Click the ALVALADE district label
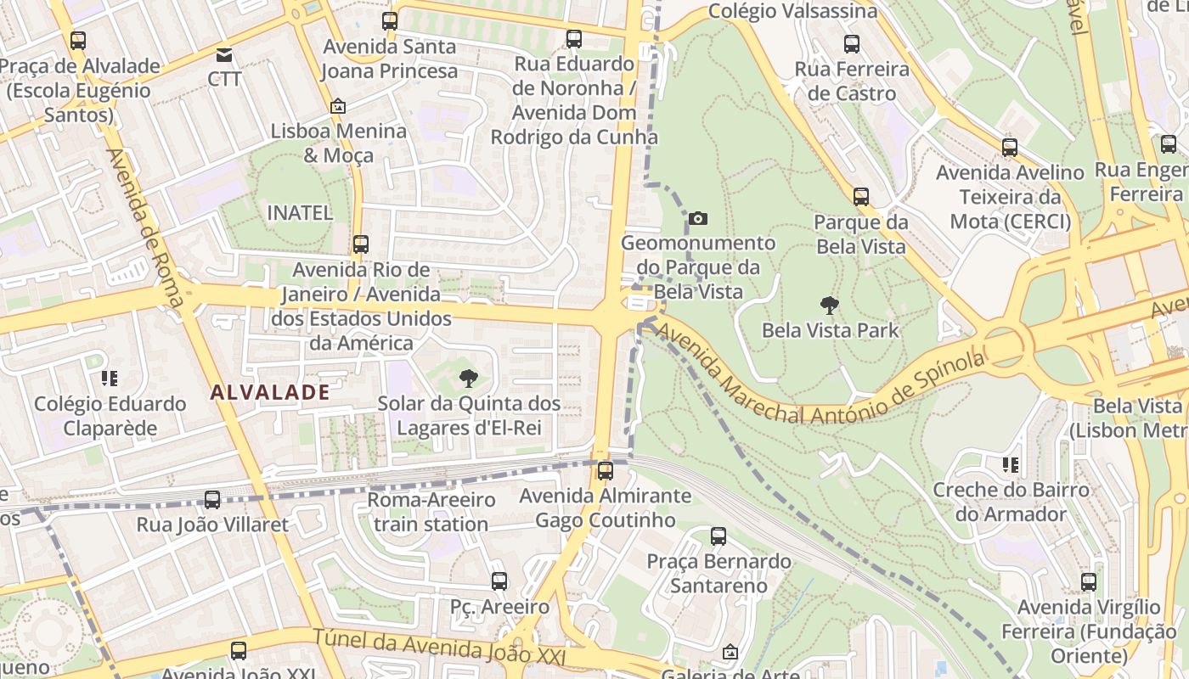click(269, 392)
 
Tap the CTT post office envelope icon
click(224, 56)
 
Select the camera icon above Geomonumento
click(697, 219)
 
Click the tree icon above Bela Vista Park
click(829, 306)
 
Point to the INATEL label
click(300, 212)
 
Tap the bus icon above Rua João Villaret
click(212, 500)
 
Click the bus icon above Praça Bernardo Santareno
click(718, 536)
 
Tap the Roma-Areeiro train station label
click(431, 512)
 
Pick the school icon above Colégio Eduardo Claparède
click(109, 378)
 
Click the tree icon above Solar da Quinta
click(468, 379)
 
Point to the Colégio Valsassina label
click(792, 11)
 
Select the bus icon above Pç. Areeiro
click(499, 581)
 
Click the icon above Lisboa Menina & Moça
click(337, 106)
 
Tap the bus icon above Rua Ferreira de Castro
click(852, 44)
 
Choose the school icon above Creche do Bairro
click(1011, 464)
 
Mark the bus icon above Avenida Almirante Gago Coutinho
click(605, 470)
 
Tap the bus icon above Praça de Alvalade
click(78, 41)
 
